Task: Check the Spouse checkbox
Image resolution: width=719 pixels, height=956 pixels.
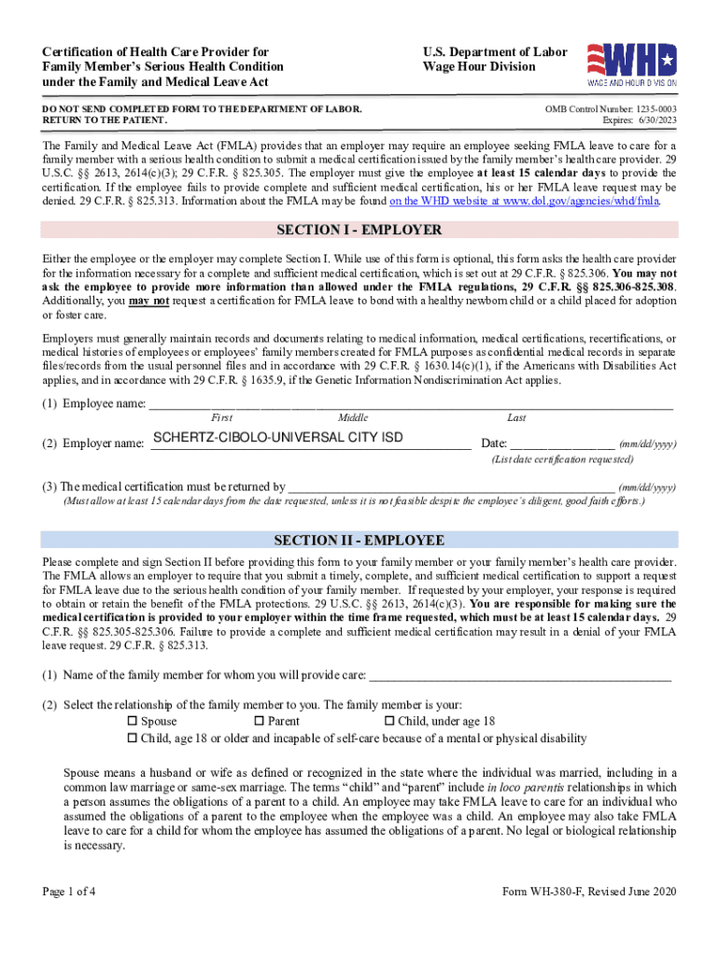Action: pyautogui.click(x=132, y=722)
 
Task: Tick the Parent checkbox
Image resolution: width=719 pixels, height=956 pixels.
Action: pyautogui.click(x=260, y=722)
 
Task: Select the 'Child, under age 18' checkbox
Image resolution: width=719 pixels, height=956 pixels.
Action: pyautogui.click(x=389, y=722)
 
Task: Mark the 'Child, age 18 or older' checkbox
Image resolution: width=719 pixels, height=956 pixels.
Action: pyautogui.click(x=132, y=738)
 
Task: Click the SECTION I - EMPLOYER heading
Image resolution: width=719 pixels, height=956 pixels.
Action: pyautogui.click(x=359, y=231)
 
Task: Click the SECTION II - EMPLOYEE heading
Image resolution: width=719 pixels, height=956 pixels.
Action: pyautogui.click(x=359, y=541)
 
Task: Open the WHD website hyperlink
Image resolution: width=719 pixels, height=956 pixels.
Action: pyautogui.click(x=524, y=200)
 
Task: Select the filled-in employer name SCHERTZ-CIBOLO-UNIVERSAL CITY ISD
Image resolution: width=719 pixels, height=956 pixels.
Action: pyautogui.click(x=278, y=438)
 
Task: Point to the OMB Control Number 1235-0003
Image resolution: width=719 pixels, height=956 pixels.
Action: pyautogui.click(x=611, y=110)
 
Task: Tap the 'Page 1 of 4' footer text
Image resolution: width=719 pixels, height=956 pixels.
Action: pyautogui.click(x=69, y=891)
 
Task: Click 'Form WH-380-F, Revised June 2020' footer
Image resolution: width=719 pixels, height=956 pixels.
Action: pyautogui.click(x=589, y=891)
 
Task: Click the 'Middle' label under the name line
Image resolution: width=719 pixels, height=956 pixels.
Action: pyautogui.click(x=353, y=418)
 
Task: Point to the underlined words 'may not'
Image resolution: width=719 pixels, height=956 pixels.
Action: pyautogui.click(x=148, y=300)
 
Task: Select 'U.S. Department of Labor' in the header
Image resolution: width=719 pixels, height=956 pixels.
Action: pyautogui.click(x=494, y=52)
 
